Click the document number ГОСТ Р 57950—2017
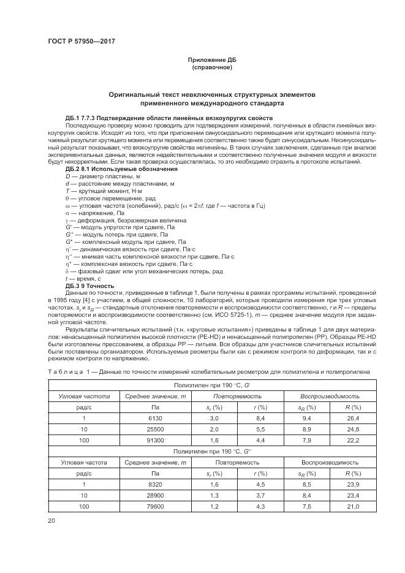(x=81, y=41)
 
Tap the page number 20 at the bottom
(x=51, y=520)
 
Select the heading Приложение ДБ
(x=211, y=59)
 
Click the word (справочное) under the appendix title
(x=211, y=66)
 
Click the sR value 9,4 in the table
(x=308, y=418)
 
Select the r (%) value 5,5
(x=260, y=429)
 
